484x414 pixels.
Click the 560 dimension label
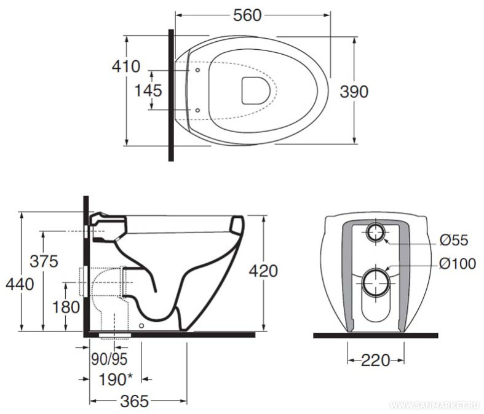click(247, 15)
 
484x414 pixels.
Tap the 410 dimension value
click(126, 66)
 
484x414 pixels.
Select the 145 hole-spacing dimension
click(148, 91)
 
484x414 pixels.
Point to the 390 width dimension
click(354, 92)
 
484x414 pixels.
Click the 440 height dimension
click(20, 284)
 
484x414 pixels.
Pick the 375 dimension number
click(44, 261)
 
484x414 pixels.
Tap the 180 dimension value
click(66, 307)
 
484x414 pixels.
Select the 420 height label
click(264, 271)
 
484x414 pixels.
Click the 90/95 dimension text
click(109, 359)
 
